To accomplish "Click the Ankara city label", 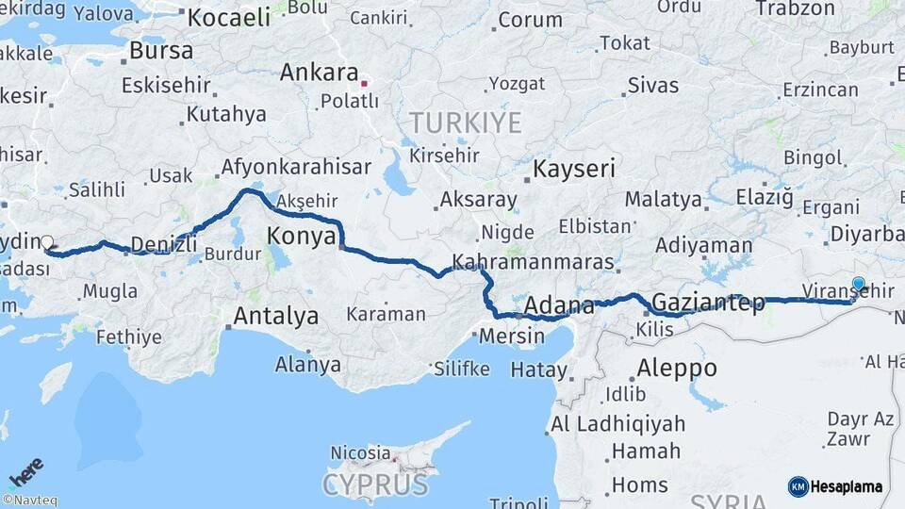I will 320,73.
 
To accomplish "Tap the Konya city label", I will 302,236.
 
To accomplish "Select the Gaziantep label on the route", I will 708,304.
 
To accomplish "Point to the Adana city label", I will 559,306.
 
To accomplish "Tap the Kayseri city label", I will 574,170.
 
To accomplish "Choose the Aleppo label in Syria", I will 677,368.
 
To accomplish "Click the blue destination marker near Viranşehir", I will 858,284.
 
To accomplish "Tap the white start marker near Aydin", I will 47,242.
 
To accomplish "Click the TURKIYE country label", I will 465,123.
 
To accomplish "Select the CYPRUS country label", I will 375,484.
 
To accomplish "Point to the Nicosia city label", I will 359,453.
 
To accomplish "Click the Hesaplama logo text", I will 846,486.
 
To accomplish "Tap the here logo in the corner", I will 25,470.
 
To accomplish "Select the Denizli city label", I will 164,245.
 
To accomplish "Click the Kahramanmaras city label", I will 533,262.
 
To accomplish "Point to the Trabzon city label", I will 796,8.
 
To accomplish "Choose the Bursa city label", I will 161,51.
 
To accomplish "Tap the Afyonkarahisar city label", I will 295,168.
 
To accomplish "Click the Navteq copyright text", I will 29,501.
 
